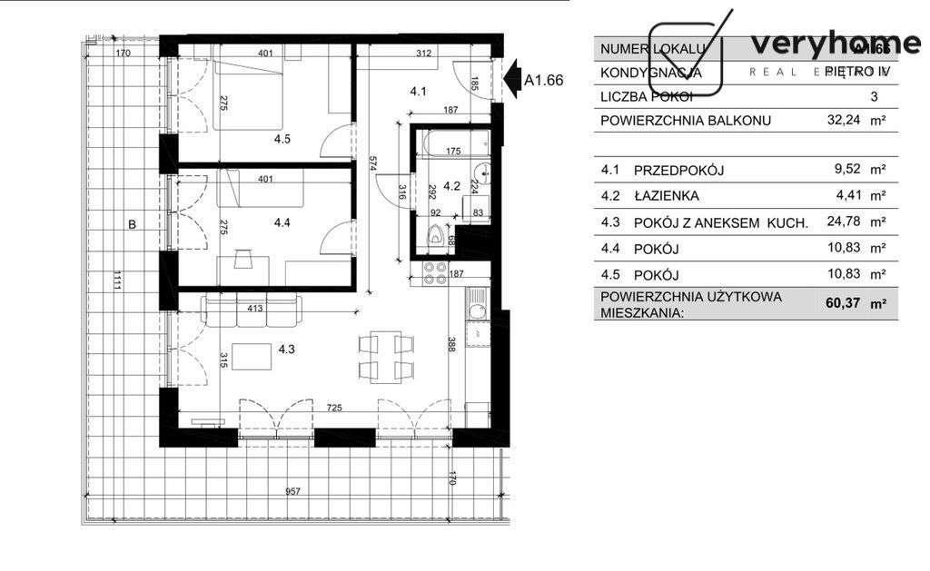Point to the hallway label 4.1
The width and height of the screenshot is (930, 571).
click(x=418, y=91)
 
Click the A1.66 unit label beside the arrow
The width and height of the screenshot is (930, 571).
click(x=544, y=80)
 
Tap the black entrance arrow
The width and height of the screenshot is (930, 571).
click(x=512, y=79)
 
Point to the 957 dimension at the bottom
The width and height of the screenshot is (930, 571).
click(x=292, y=491)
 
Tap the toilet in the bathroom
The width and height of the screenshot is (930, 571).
click(x=438, y=233)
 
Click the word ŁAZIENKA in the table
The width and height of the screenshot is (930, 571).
click(x=668, y=195)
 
